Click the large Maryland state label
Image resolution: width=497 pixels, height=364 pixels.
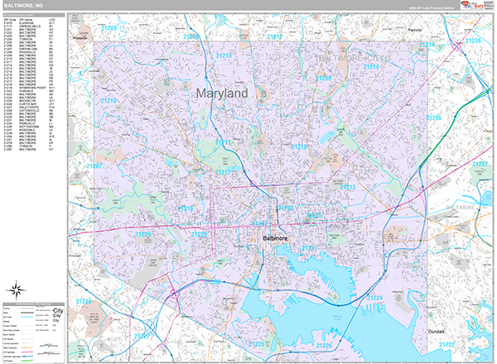tap(223, 94)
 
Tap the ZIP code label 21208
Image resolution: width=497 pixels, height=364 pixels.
tap(109, 28)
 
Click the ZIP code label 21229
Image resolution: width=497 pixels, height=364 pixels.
tap(143, 234)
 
